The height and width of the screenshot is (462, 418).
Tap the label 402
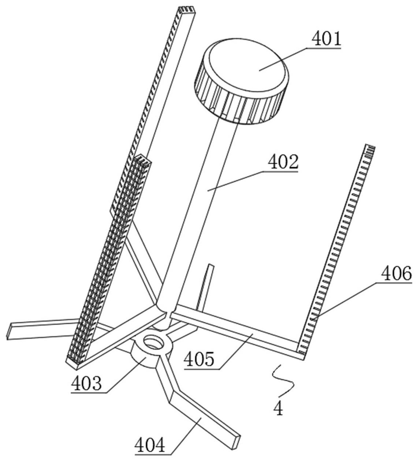283,162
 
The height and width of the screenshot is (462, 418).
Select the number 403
86,383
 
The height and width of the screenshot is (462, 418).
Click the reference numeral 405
199,359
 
